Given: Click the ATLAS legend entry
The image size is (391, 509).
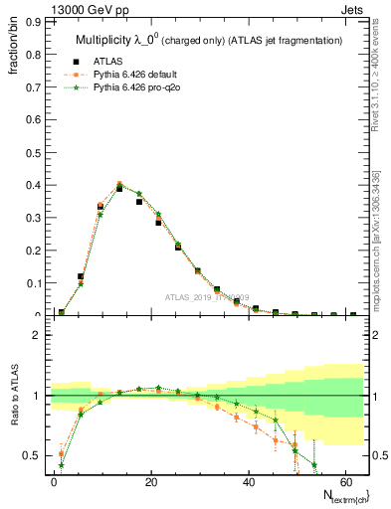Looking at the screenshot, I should (x=104, y=61).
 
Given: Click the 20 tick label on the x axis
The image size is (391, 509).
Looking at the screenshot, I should (x=150, y=481).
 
